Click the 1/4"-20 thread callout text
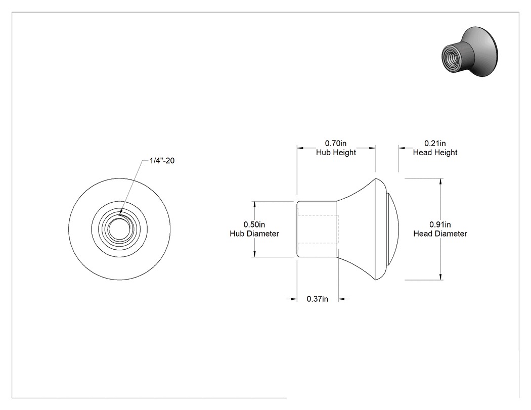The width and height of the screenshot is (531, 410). (162, 160)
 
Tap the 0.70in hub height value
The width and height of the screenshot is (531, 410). (336, 144)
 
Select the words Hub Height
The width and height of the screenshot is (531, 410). (336, 153)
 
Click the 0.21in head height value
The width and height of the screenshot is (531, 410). (435, 144)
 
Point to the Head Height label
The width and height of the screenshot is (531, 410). (435, 153)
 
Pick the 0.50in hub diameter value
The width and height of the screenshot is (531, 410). (254, 224)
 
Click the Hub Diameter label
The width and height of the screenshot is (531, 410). (254, 234)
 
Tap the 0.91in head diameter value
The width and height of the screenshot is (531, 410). (440, 224)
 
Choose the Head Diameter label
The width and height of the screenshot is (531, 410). (440, 234)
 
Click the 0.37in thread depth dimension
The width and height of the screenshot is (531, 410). (317, 299)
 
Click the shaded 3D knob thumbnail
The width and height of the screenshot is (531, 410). (470, 52)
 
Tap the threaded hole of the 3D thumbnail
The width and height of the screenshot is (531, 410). (451, 58)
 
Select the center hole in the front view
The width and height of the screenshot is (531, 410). (119, 229)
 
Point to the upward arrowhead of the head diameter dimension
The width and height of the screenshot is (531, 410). (440, 181)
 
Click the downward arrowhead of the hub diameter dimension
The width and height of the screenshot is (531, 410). (254, 254)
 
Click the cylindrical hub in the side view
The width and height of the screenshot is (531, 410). (317, 229)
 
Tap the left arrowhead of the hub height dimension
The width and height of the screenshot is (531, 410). (300, 148)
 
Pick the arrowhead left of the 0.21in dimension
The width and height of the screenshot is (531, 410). (402, 148)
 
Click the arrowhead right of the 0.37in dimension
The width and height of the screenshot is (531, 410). (342, 299)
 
